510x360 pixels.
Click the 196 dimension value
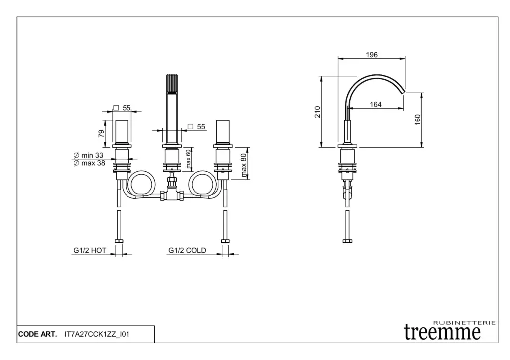tap(372, 55)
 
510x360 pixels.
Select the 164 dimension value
tap(376, 105)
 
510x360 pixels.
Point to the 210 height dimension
tap(318, 112)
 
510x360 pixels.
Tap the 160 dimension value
tap(418, 120)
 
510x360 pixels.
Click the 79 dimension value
tap(101, 133)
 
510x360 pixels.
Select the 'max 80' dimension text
tap(244, 165)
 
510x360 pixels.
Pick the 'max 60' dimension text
tap(189, 159)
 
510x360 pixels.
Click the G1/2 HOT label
tap(90, 250)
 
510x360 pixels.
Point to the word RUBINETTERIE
tap(464, 323)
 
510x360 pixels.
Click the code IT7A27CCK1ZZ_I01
tap(97, 334)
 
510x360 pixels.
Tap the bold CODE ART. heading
tap(37, 334)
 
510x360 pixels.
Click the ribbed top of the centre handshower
tap(171, 84)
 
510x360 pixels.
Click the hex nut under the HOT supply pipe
tap(119, 241)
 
